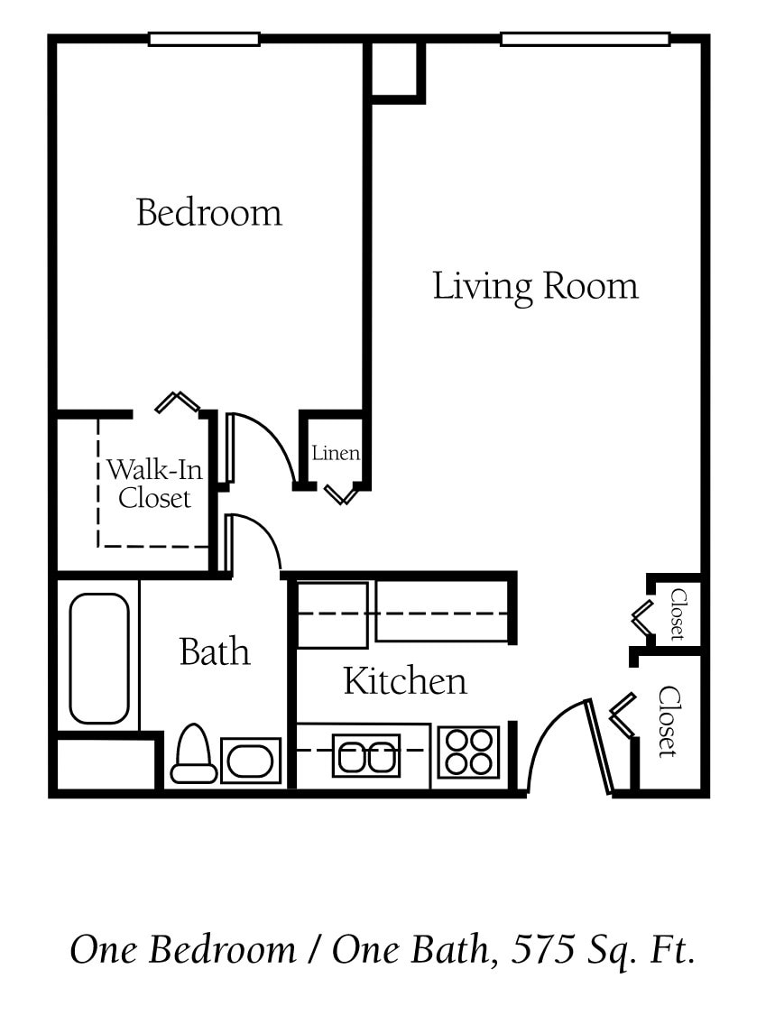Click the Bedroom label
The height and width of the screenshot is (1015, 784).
[208, 213]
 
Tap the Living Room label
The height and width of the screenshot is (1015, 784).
[535, 286]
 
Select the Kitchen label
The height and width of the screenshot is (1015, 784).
[405, 681]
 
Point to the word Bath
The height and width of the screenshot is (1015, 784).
[214, 651]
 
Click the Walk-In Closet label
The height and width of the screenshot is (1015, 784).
[154, 484]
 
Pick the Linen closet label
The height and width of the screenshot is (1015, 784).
[336, 453]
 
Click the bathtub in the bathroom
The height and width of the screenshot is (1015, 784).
[99, 658]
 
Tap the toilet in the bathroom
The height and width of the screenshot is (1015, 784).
[194, 756]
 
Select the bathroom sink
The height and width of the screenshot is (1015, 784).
[250, 761]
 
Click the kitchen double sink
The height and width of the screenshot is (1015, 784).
[366, 754]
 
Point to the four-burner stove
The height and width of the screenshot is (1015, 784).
[468, 752]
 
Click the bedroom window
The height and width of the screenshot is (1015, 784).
[204, 40]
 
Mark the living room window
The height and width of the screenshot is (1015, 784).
[585, 40]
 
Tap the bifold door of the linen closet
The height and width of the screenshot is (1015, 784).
[342, 494]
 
